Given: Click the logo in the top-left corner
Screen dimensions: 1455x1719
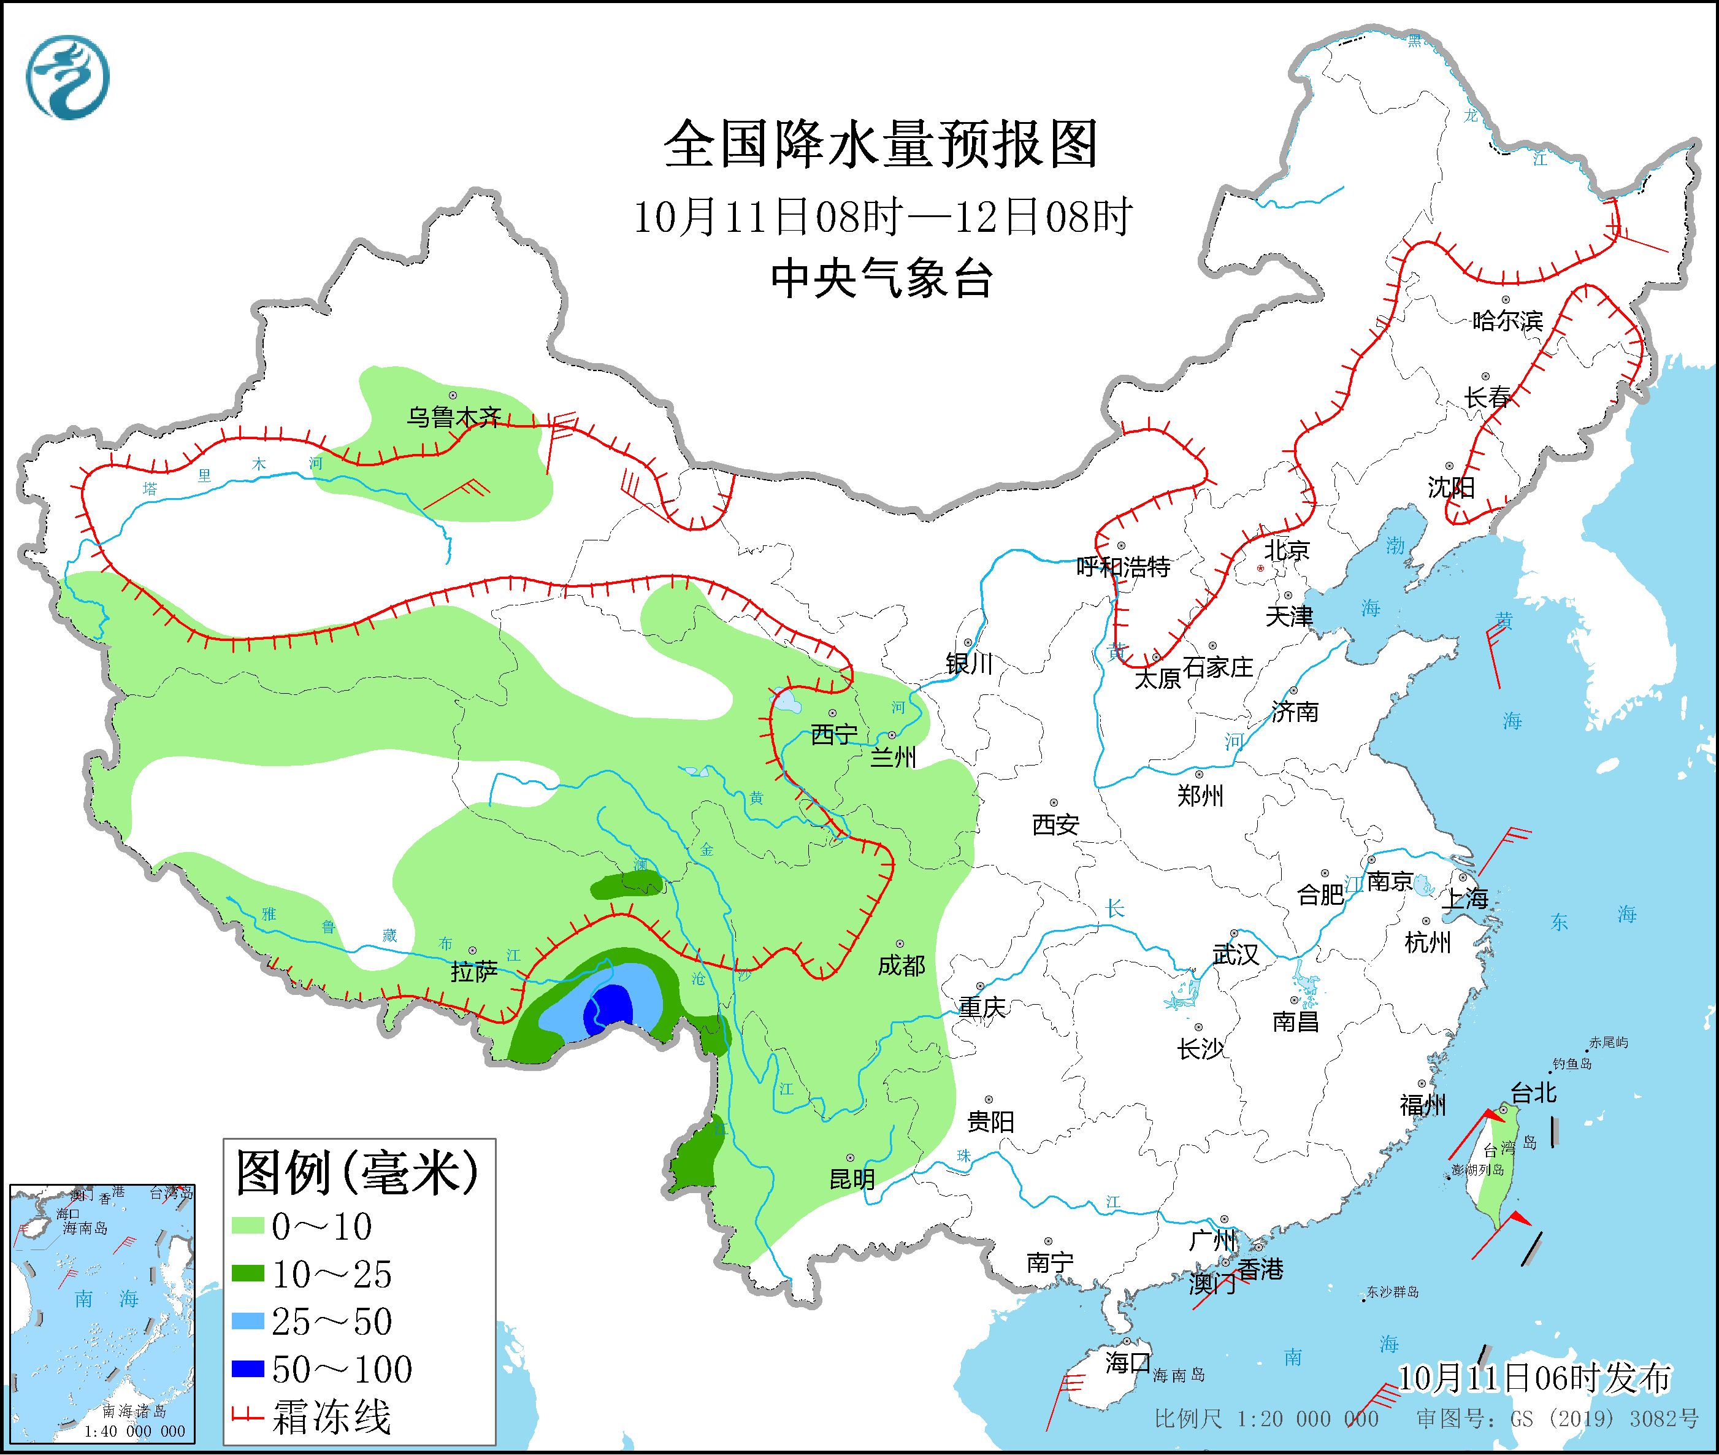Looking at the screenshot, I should pos(67,77).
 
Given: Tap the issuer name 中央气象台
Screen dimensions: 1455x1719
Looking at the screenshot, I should pos(881,278).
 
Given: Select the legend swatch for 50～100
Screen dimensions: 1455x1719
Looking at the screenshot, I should pos(247,1370).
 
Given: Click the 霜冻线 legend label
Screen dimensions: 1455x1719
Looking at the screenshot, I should pos(331,1417).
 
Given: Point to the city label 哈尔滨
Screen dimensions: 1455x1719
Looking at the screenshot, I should pos(1506,321).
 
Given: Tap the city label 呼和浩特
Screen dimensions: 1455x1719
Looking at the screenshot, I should pos(1123,567).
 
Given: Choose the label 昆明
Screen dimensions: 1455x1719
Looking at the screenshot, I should pos(852,1180).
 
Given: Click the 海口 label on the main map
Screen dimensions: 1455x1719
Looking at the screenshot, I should pos(1127,1362).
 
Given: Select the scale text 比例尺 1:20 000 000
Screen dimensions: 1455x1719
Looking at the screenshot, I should pos(1266,1419).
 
